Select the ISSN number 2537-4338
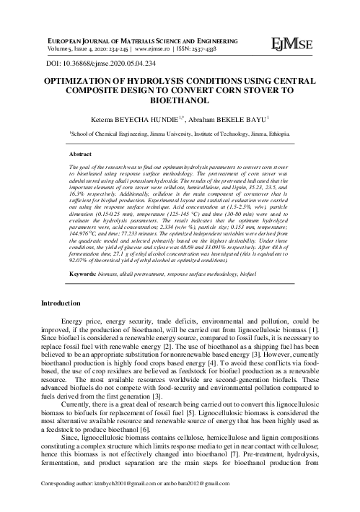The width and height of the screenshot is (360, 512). [x=206, y=51]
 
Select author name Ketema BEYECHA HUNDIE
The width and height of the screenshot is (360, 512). [x=144, y=118]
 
